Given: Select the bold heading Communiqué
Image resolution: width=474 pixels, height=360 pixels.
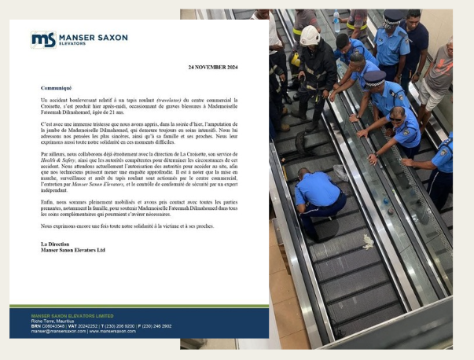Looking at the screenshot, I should [56, 88].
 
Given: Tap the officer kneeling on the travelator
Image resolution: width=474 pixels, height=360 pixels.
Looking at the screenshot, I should [318, 193].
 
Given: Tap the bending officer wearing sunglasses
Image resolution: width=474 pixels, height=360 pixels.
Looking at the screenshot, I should [409, 130].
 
